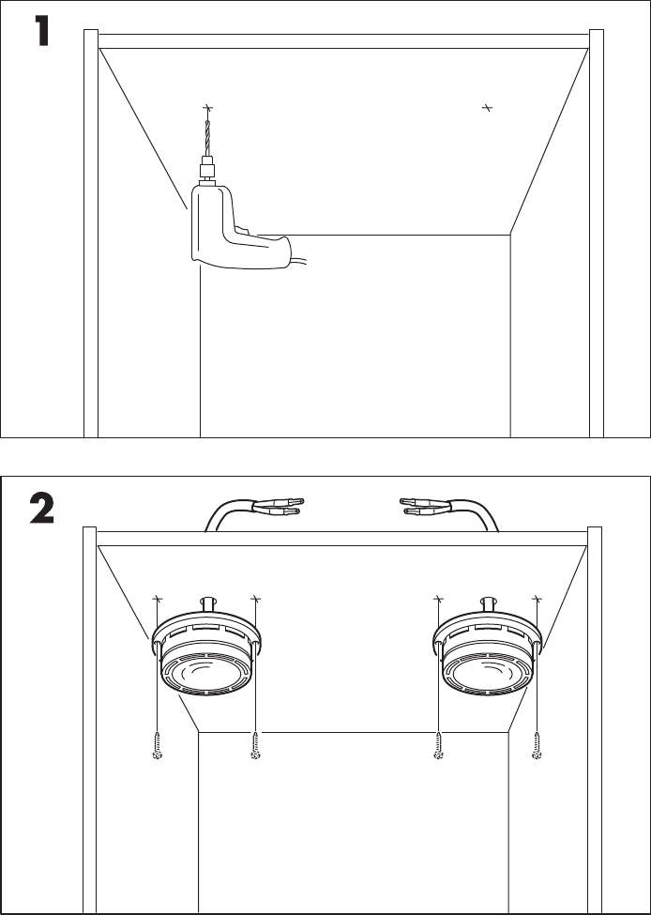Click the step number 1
click(x=41, y=31)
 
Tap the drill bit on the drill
click(x=207, y=138)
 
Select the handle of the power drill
click(x=263, y=251)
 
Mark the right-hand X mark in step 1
click(x=487, y=108)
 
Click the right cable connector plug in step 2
click(x=426, y=506)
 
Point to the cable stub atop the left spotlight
click(x=207, y=604)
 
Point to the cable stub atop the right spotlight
click(x=489, y=604)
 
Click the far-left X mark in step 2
click(x=157, y=599)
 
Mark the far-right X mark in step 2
click(x=537, y=599)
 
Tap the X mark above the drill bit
click(x=206, y=108)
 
